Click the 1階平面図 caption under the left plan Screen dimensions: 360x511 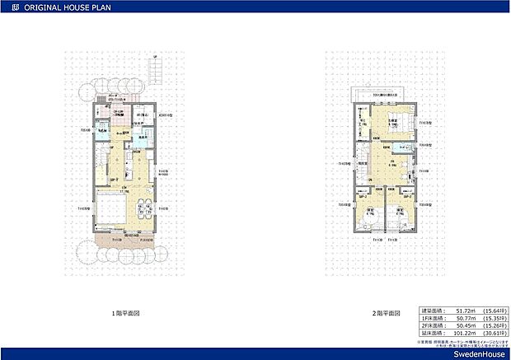click(125, 314)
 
